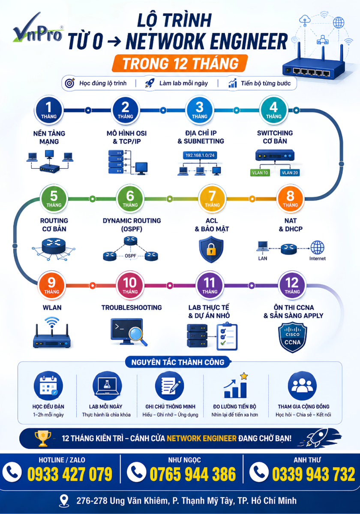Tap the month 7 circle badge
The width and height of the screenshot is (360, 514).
tap(212, 198)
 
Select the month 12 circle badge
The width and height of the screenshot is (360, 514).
tap(292, 285)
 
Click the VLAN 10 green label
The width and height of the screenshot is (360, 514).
tap(260, 173)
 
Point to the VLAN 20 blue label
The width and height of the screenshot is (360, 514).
tap(290, 173)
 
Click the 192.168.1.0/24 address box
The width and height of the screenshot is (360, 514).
tap(200, 155)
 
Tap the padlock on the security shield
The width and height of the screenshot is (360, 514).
tap(211, 250)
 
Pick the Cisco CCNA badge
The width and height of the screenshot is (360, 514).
tap(292, 338)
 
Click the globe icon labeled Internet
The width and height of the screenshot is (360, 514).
tap(317, 248)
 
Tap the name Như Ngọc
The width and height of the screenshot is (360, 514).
tap(184, 460)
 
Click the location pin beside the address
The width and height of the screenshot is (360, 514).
tap(64, 501)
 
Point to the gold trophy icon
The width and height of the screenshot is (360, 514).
tap(43, 438)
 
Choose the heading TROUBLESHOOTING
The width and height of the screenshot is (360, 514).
tap(132, 308)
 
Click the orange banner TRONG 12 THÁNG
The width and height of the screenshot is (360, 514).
tap(180, 63)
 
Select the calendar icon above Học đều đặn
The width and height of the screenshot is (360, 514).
tap(48, 386)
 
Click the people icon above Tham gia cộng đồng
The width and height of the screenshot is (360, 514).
tap(302, 386)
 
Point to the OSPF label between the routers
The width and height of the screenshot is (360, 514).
tap(130, 256)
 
